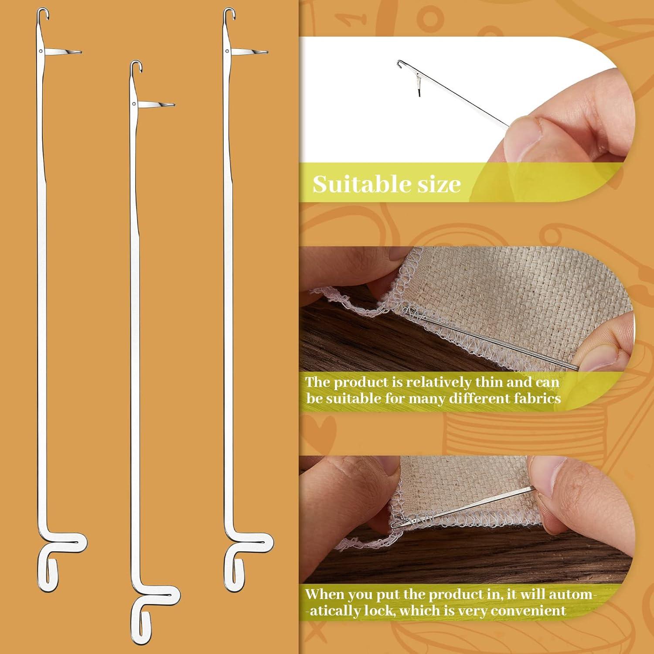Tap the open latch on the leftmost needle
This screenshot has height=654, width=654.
[65, 52]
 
